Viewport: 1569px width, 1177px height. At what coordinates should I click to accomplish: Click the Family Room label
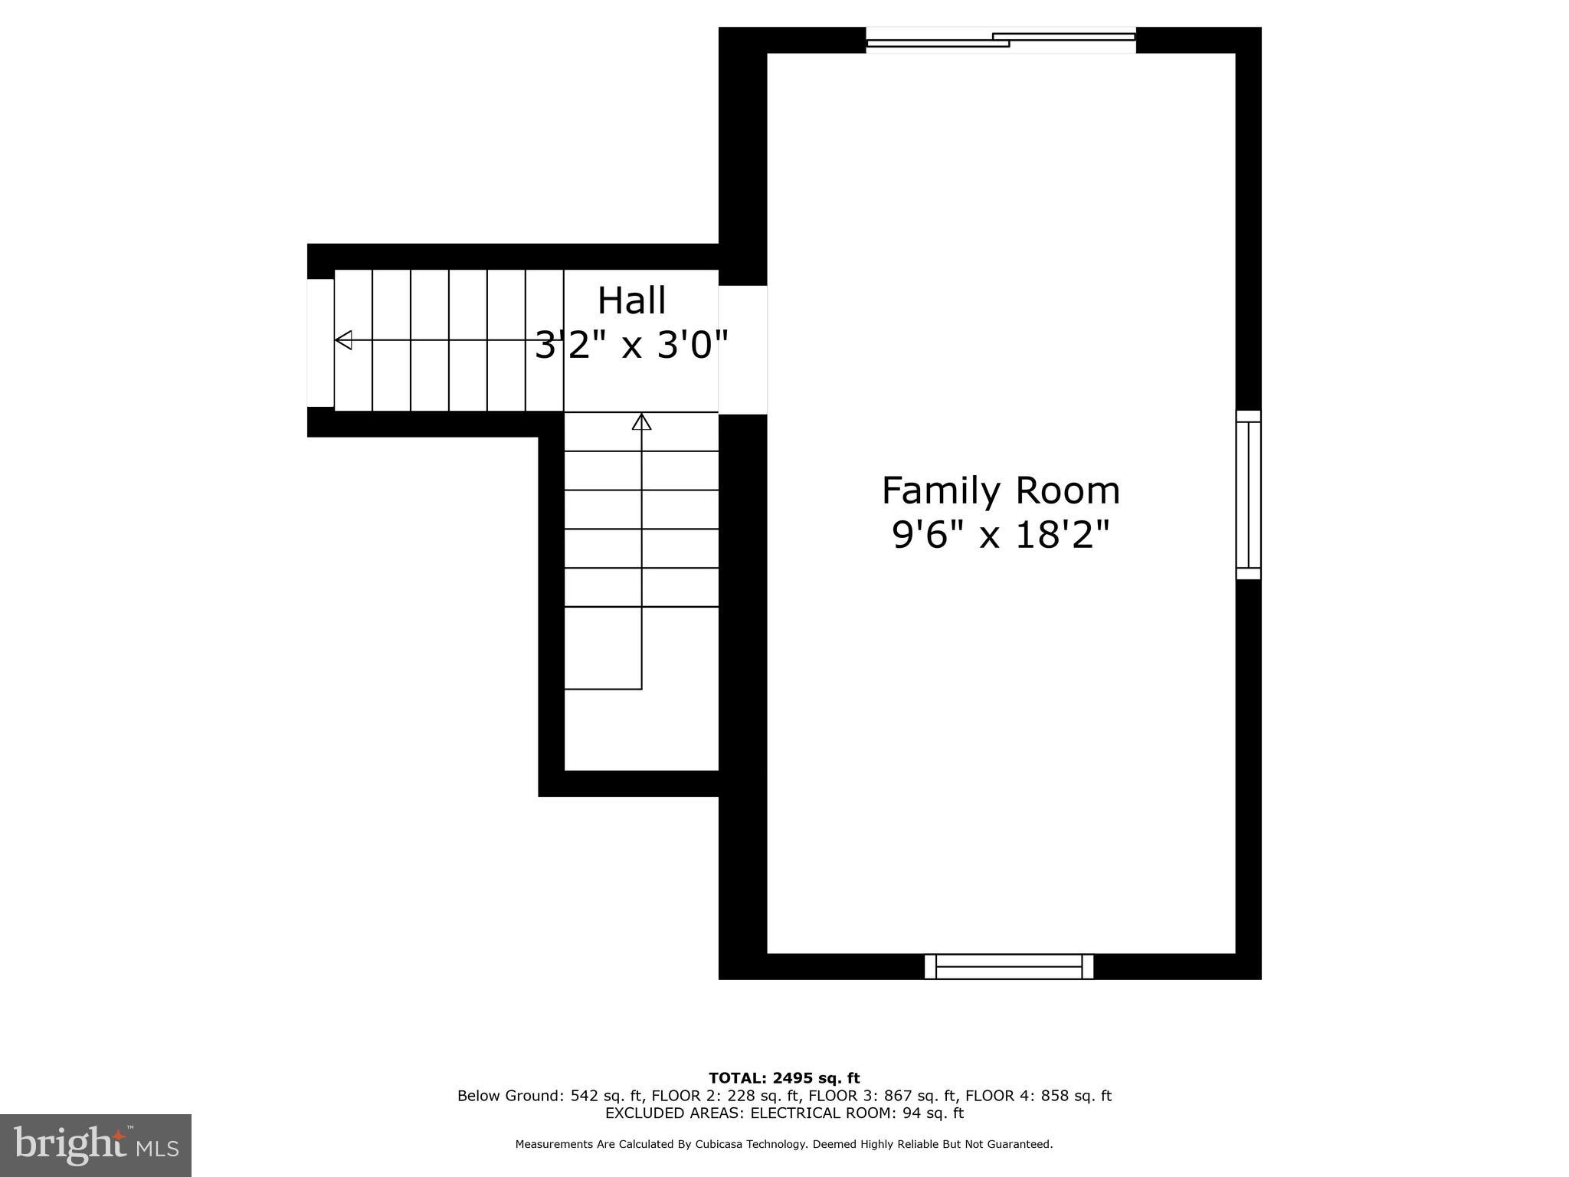click(x=1001, y=491)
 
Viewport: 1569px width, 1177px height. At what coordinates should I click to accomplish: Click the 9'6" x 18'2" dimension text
click(x=1001, y=535)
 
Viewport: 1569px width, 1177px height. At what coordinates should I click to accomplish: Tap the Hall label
click(x=631, y=300)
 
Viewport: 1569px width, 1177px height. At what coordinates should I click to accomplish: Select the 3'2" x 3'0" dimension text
click(x=631, y=345)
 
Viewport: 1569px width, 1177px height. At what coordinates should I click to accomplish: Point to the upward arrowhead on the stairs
click(x=641, y=422)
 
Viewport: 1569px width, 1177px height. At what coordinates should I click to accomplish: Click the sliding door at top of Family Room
click(x=1001, y=41)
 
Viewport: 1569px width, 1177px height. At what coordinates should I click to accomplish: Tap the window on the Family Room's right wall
click(x=1248, y=494)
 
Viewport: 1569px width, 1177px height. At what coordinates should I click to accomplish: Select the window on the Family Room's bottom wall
click(x=1008, y=966)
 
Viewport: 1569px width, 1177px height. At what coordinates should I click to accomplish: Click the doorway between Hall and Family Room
click(x=742, y=349)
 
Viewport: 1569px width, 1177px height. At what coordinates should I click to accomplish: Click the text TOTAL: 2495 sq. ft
click(x=784, y=1078)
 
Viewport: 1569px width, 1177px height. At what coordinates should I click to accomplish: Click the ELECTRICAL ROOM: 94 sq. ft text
click(x=857, y=1113)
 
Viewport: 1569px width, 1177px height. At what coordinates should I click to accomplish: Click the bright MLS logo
click(x=95, y=1145)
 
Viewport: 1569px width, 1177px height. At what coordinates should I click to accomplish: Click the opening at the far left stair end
click(x=320, y=343)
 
